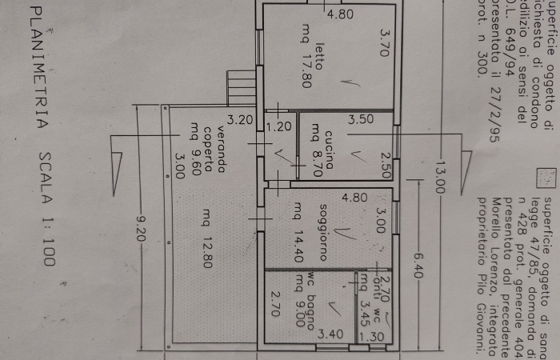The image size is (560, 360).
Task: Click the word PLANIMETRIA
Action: point(34,75)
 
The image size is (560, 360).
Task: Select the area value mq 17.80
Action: point(305,57)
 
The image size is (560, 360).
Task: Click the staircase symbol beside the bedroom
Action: point(241,89)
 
